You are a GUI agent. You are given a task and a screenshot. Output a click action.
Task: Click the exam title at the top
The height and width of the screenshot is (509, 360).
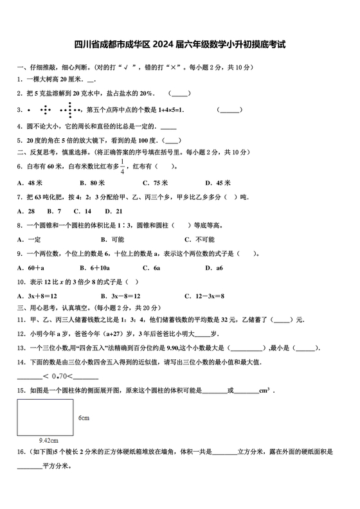coord(179,46)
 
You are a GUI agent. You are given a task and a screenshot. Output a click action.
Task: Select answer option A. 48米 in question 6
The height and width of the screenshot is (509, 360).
coord(30,182)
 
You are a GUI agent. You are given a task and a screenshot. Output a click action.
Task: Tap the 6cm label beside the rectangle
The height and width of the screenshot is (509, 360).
coord(84,418)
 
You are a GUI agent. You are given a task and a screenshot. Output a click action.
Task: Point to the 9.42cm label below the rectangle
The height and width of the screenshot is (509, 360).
coord(49,440)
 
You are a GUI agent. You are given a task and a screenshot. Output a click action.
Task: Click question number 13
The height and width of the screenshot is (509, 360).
coord(21,348)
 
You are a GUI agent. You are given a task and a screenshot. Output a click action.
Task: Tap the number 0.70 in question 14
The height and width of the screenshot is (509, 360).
coord(60,376)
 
